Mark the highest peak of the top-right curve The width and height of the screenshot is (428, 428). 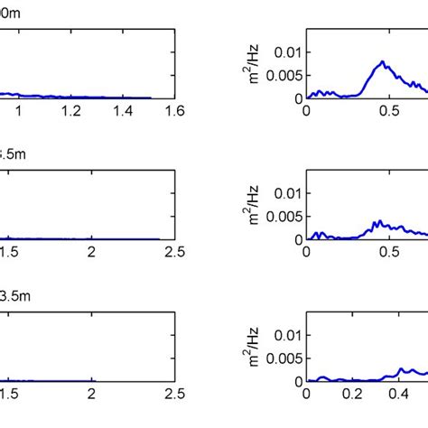(x=383, y=62)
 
